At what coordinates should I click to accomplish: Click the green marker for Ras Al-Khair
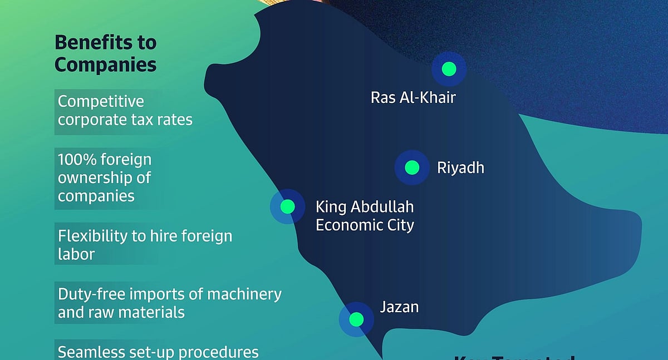(449, 69)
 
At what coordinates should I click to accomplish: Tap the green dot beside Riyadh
(412, 167)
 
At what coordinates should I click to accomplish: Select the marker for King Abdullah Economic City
(287, 207)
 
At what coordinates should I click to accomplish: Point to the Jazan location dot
(356, 319)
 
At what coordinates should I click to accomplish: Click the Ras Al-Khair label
(413, 98)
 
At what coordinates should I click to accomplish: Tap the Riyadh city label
(460, 167)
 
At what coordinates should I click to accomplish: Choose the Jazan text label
(399, 307)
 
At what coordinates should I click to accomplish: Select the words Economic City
(365, 225)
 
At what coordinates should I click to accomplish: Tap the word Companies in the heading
(105, 65)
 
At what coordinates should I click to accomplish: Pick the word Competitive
(101, 102)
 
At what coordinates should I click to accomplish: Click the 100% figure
(77, 160)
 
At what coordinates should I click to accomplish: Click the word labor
(76, 254)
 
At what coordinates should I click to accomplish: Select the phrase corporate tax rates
(125, 120)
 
